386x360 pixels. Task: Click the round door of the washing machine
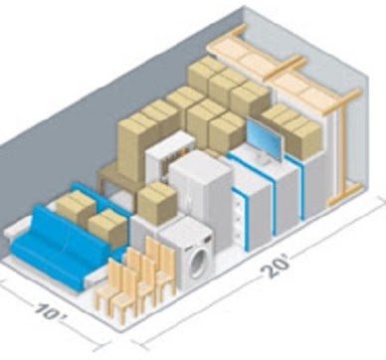(198, 262)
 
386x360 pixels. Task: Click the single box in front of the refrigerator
(156, 202)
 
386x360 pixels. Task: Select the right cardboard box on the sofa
(107, 228)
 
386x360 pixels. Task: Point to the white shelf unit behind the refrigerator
(168, 153)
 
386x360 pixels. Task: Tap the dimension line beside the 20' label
(328, 240)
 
